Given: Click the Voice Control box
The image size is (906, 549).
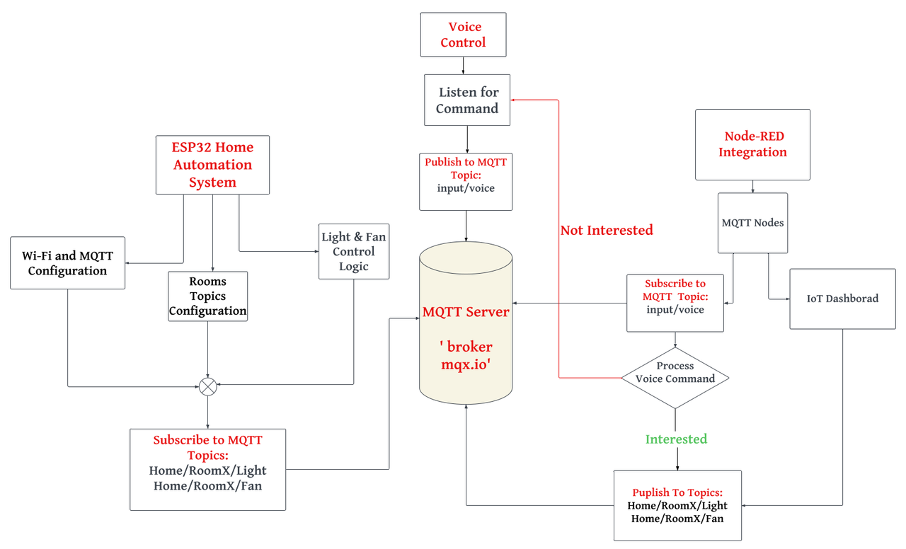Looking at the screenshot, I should (463, 35).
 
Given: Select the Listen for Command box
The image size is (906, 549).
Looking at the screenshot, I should (466, 100).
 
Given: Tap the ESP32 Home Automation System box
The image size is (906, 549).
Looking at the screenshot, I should (212, 165).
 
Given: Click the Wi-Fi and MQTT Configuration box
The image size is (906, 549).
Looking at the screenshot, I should (67, 263).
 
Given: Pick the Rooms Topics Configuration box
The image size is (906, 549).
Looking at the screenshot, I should (207, 296).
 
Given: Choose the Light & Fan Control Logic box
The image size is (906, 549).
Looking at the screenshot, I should (353, 252).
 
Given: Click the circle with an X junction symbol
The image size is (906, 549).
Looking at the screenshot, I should (207, 386).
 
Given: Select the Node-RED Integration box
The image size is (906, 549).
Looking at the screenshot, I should (752, 144).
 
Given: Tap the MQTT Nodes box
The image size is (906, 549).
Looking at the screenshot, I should (752, 223).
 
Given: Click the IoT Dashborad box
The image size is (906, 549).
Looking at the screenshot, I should (842, 299).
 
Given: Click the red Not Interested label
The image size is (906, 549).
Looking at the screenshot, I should (607, 230).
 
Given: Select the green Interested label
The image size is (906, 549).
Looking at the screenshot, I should (676, 439).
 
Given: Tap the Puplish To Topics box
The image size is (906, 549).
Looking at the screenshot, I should (677, 506).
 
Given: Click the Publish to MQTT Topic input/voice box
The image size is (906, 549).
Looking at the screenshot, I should (466, 182).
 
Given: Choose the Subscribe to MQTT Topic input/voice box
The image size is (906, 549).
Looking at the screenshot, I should (675, 303).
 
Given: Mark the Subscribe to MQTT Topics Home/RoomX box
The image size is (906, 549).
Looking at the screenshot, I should (207, 470).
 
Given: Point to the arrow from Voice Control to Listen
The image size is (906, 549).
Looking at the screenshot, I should (464, 66).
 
